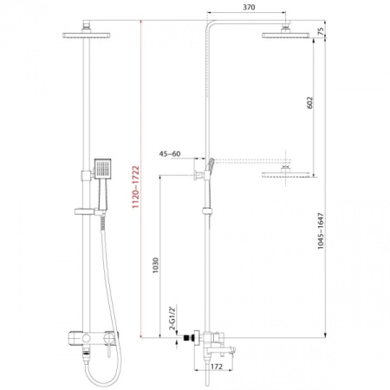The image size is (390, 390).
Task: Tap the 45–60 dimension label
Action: [172, 155]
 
